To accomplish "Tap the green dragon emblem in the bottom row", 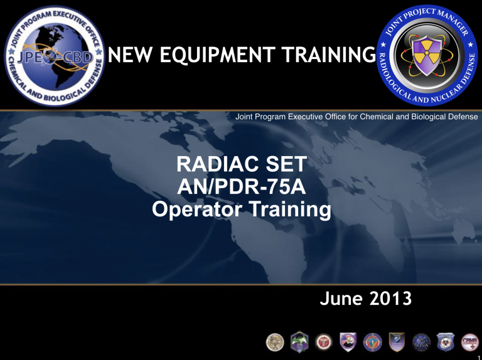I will (x=297, y=342).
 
